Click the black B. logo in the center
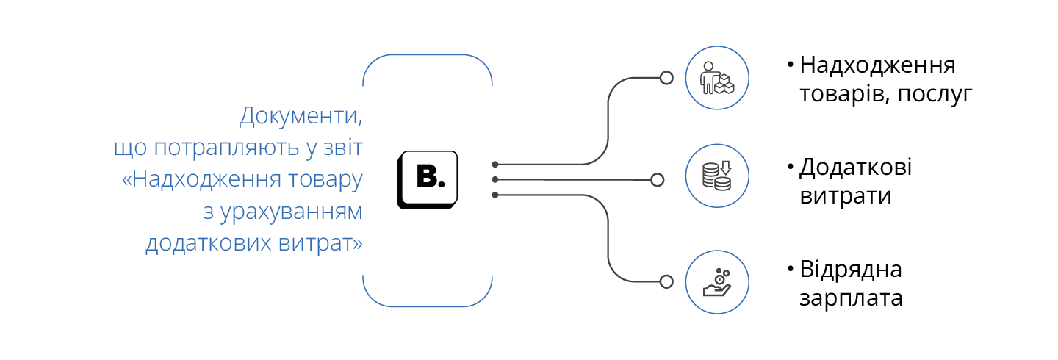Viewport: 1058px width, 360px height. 428,180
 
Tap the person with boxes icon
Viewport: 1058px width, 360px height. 717,78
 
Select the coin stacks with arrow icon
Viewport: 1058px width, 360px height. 717,176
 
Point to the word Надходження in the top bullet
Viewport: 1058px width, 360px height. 877,66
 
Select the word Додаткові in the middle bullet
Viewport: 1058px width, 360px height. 856,168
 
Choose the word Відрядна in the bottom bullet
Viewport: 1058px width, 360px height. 851,269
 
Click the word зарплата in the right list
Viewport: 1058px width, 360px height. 852,299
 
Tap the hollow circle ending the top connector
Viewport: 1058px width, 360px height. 666,78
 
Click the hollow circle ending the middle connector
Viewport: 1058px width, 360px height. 658,179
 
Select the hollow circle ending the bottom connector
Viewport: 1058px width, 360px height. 666,281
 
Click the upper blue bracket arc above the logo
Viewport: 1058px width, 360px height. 428,57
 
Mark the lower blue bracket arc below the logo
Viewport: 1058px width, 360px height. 428,304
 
